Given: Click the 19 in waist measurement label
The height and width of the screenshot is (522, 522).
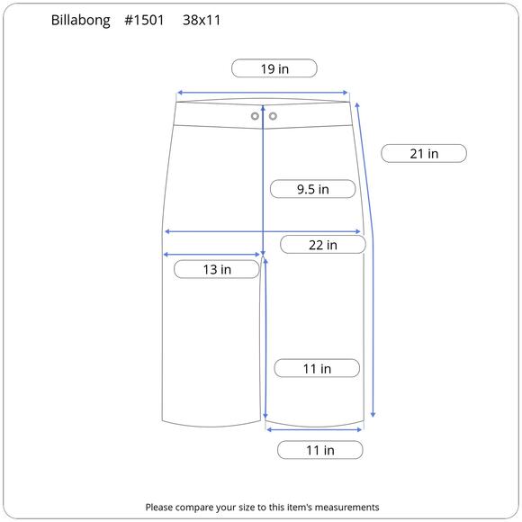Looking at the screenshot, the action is coord(274,68).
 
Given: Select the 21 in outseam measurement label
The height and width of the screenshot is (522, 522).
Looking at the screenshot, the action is coord(424,154).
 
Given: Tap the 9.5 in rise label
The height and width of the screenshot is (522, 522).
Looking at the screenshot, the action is coord(313,189).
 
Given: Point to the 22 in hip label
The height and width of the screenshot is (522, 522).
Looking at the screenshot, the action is coord(323,245).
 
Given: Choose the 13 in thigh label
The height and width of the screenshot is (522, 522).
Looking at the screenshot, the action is coord(217,269).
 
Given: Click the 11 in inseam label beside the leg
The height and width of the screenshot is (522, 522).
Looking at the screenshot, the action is coord(317,368).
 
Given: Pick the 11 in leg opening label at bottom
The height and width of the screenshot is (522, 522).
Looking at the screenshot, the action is coord(319,450).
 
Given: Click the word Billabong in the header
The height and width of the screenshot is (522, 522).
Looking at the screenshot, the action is coord(81,21).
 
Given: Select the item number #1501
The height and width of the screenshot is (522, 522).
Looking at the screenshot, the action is coord(144,20).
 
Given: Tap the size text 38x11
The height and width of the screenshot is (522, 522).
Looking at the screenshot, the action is coord(202,20).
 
